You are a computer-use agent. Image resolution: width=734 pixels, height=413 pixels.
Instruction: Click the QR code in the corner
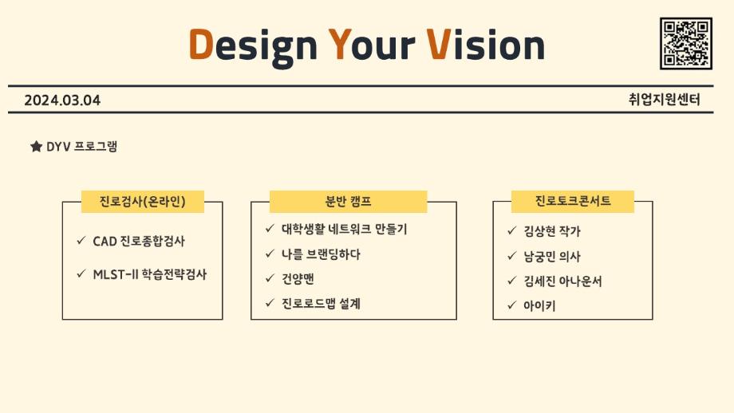[x=685, y=43]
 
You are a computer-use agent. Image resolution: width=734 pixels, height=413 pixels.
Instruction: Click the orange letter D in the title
[x=201, y=45]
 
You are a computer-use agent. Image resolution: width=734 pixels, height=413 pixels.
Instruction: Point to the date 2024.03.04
[x=62, y=100]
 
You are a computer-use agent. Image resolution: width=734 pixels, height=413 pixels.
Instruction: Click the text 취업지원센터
[x=664, y=100]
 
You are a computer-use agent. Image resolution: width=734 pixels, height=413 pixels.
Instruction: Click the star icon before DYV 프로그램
[x=36, y=147]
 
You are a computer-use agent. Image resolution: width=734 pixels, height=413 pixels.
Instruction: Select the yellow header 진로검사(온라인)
[x=143, y=202]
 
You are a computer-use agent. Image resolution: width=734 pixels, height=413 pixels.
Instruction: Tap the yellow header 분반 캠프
[x=349, y=202]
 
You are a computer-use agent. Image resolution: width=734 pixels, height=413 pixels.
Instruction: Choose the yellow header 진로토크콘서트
[x=573, y=202]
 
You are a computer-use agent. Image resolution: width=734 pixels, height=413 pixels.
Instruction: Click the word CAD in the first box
[x=105, y=241]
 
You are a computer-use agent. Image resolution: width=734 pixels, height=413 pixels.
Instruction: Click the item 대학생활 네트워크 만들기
[x=345, y=229]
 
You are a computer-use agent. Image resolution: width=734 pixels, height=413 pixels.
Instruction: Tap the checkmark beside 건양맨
[x=270, y=278]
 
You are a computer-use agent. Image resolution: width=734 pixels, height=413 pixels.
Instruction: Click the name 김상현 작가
[x=552, y=231]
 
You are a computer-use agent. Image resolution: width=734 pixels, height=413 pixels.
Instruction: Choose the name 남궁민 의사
[x=552, y=256]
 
